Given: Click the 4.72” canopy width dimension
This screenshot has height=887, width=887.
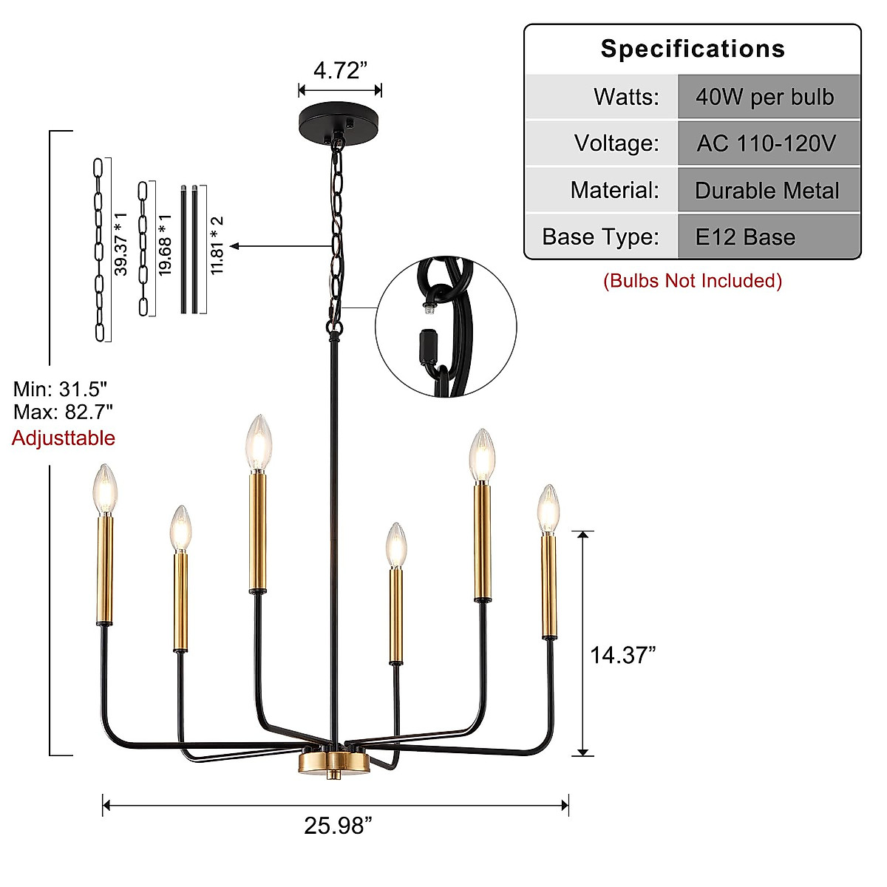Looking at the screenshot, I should [340, 70].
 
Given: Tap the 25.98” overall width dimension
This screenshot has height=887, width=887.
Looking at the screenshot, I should [338, 826].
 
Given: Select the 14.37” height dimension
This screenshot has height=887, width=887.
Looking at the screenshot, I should [622, 655].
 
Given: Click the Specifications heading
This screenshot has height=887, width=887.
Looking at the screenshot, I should [693, 49].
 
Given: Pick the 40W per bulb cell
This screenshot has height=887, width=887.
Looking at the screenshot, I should [765, 97].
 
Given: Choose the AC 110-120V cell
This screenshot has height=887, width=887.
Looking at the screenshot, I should [767, 143].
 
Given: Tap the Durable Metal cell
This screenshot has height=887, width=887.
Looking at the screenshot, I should [767, 191].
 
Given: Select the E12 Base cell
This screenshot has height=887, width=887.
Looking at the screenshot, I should [745, 237].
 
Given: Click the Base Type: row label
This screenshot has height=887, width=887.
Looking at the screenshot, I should [600, 237].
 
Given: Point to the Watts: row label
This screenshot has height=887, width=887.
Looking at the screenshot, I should [626, 97].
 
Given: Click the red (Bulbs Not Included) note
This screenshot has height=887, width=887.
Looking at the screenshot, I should [693, 281].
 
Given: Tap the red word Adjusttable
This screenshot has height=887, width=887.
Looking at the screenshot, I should [64, 438].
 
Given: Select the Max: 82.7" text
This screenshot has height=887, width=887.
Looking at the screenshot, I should [63, 412].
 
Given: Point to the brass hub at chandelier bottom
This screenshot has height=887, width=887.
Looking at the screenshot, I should [333, 763].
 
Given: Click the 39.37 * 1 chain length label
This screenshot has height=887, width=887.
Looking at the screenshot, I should [120, 244].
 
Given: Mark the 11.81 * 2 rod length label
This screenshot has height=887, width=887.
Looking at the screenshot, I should [217, 246].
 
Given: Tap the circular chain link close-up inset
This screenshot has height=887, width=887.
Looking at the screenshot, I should [446, 327].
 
